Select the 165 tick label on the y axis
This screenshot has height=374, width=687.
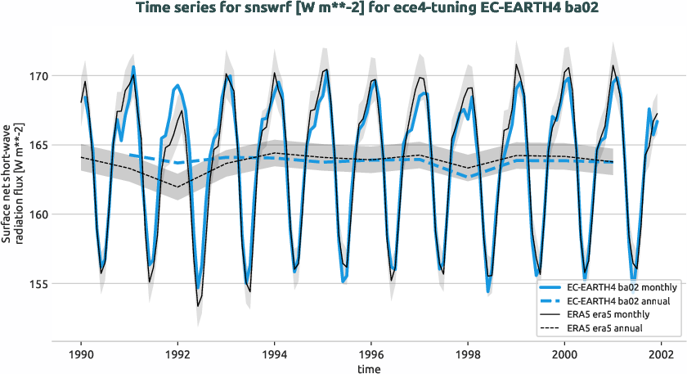click(x=38, y=146)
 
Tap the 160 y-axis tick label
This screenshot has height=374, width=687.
click(x=38, y=215)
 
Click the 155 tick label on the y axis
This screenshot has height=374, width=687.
click(x=38, y=285)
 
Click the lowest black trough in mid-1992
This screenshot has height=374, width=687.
click(x=198, y=305)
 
